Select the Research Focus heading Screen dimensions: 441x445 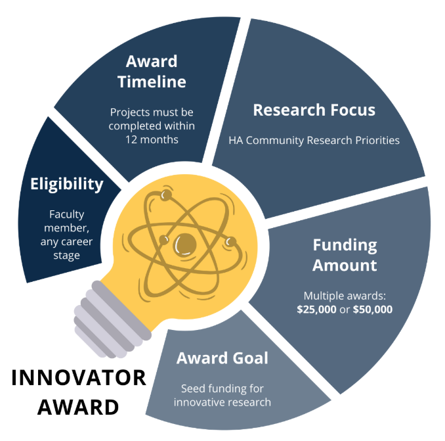[314, 110]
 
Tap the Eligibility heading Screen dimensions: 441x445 [67, 184]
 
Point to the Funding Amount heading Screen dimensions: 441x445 [345, 256]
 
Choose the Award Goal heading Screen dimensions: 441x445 [222, 359]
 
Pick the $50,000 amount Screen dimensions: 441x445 [372, 308]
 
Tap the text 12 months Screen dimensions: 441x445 [152, 139]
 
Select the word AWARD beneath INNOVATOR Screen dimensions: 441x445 [78, 407]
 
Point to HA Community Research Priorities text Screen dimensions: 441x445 [314, 141]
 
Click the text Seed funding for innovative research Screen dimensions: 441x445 [222, 395]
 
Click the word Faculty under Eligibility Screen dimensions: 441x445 [67, 214]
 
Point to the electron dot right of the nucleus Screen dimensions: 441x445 [230, 242]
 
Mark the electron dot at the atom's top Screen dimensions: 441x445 [166, 195]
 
